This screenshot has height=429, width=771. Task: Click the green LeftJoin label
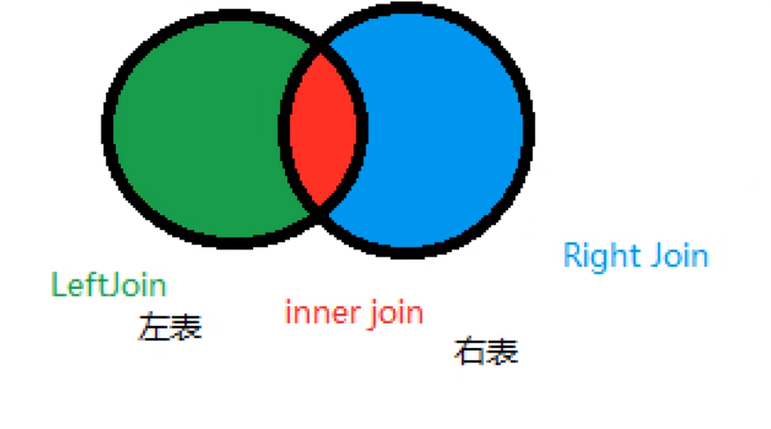109,285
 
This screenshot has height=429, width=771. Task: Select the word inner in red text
317,313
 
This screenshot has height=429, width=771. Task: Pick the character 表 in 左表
186,328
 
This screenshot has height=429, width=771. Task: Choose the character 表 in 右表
502,352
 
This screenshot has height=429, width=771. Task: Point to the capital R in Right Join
572,254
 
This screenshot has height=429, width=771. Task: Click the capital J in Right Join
656,255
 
